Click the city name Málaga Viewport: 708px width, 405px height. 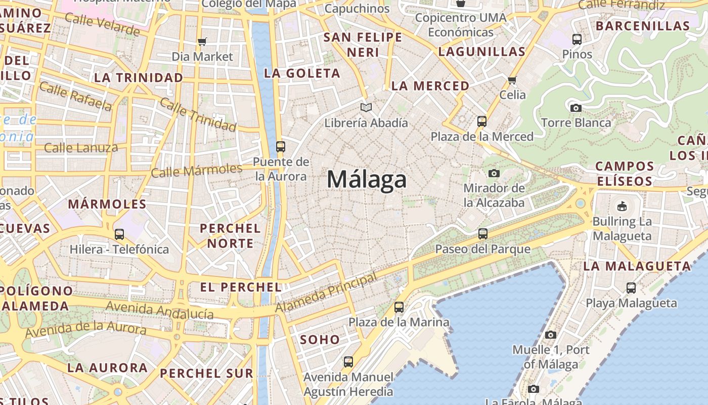point(367,180)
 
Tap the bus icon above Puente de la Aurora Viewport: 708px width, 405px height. point(281,147)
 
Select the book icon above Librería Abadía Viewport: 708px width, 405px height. point(366,107)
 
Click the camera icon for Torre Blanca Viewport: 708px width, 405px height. point(576,108)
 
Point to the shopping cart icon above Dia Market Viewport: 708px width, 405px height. point(202,42)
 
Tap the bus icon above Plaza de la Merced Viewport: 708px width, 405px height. point(482,121)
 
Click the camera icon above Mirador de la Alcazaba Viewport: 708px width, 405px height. point(494,173)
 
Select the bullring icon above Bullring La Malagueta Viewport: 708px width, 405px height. point(622,206)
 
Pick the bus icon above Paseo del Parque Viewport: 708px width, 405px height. point(483,234)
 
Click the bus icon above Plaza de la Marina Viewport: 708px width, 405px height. point(399,307)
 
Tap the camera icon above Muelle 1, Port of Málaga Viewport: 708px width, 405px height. point(551,335)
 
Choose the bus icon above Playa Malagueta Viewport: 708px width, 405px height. point(631,288)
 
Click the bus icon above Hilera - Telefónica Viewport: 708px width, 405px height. point(119,234)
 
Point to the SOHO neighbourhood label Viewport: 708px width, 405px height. point(320,339)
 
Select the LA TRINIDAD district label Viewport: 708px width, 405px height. point(139,77)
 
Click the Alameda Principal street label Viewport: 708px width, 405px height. point(326,293)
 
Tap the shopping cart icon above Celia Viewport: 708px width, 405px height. point(512,80)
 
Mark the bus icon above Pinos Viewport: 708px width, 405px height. point(577,39)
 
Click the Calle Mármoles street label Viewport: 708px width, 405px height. point(197,170)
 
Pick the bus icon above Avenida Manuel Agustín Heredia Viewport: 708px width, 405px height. point(348,362)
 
